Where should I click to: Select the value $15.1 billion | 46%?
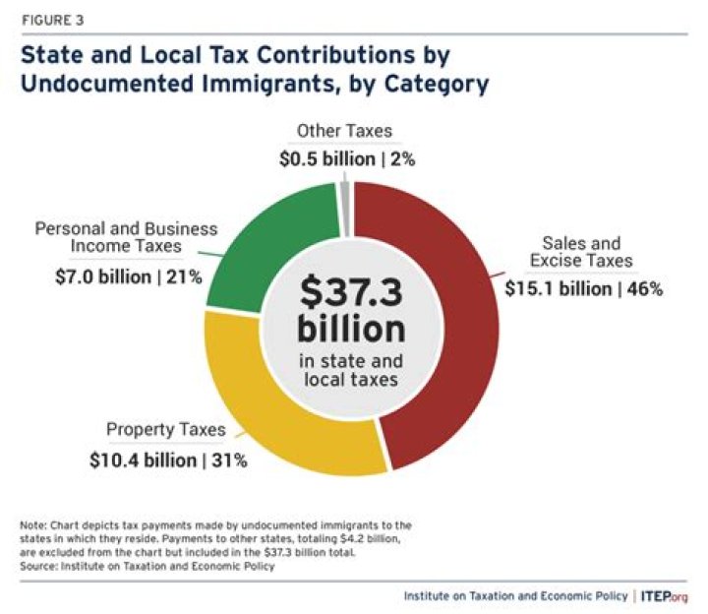(585, 289)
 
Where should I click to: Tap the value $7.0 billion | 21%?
(129, 276)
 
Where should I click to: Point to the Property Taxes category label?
(166, 430)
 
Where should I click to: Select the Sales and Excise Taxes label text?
(585, 252)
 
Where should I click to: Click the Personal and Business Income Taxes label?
(127, 238)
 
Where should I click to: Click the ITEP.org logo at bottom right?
(667, 595)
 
